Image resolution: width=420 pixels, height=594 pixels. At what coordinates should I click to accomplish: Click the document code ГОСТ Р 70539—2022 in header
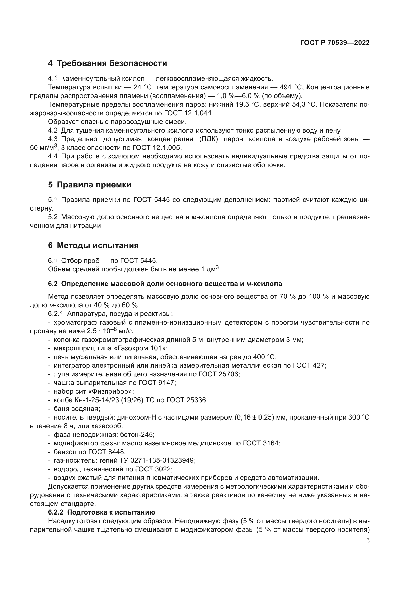[x=335, y=43]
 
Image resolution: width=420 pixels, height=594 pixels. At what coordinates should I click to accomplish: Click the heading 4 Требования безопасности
[x=107, y=63]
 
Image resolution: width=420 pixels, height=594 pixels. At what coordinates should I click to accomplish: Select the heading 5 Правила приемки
[x=89, y=185]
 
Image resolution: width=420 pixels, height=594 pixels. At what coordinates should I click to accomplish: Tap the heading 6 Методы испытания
[x=93, y=245]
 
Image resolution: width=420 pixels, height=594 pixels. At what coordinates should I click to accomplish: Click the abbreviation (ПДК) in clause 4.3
[x=208, y=139]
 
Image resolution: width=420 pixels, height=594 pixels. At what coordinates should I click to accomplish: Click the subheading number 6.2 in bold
[x=53, y=284]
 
